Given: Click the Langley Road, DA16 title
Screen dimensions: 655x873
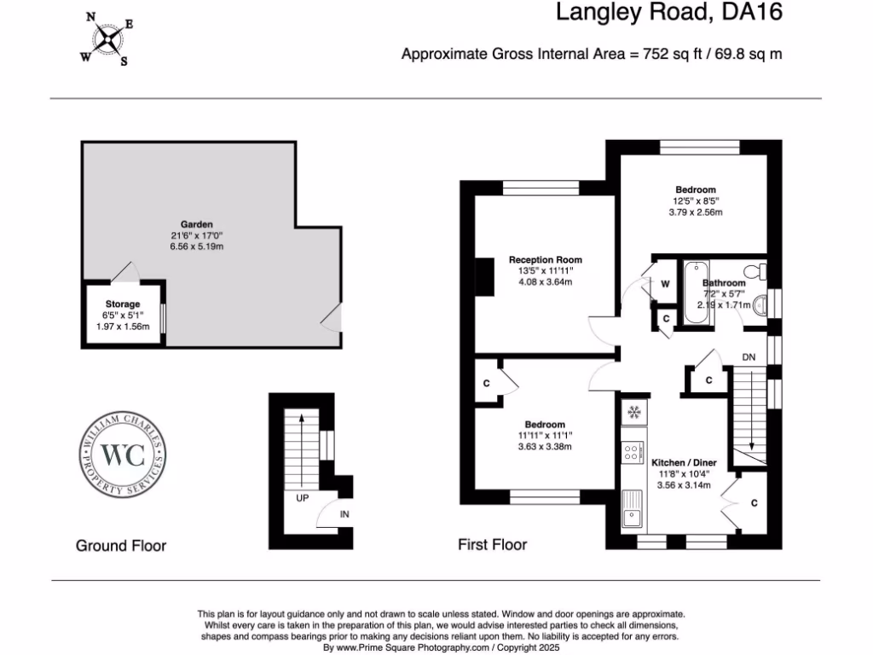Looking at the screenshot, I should (x=668, y=13).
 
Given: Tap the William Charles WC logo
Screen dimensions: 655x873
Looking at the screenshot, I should (x=123, y=454).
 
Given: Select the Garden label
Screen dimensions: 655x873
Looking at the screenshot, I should (x=196, y=224).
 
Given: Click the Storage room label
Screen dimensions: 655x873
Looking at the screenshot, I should (x=123, y=304).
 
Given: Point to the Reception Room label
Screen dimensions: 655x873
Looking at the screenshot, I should (x=546, y=259).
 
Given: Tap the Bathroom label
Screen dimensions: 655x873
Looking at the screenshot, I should (x=724, y=282).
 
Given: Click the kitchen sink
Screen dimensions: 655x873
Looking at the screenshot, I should (x=633, y=514).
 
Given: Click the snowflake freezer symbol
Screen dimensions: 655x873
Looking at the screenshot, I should (x=633, y=414).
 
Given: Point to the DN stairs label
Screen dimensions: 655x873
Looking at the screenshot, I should (x=749, y=356).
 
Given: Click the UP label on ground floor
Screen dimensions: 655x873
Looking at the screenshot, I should (x=302, y=497).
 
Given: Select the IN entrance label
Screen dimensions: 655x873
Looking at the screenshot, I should (x=344, y=514).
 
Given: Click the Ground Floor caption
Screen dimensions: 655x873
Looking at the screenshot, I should (x=121, y=545).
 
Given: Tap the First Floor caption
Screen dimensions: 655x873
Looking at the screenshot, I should (x=493, y=544).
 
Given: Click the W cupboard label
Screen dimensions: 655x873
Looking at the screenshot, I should (x=665, y=284).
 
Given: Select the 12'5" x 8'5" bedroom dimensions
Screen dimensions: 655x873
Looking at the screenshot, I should (x=696, y=201).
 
